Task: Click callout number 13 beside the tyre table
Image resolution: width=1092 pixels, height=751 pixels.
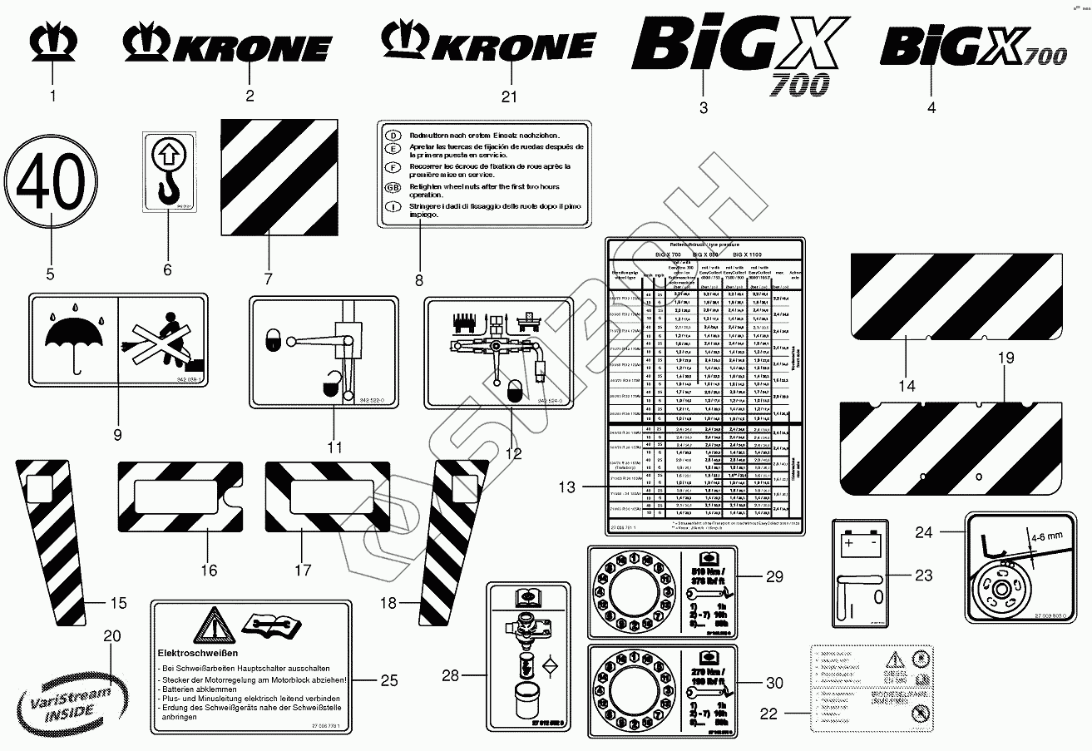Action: click(x=566, y=488)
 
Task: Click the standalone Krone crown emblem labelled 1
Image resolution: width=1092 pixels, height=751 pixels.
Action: click(x=53, y=46)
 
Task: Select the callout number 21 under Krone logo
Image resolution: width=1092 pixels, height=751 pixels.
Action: click(x=508, y=96)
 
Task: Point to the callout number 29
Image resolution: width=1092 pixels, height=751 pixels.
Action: click(x=774, y=576)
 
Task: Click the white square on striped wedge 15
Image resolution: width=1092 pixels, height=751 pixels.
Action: click(x=39, y=488)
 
